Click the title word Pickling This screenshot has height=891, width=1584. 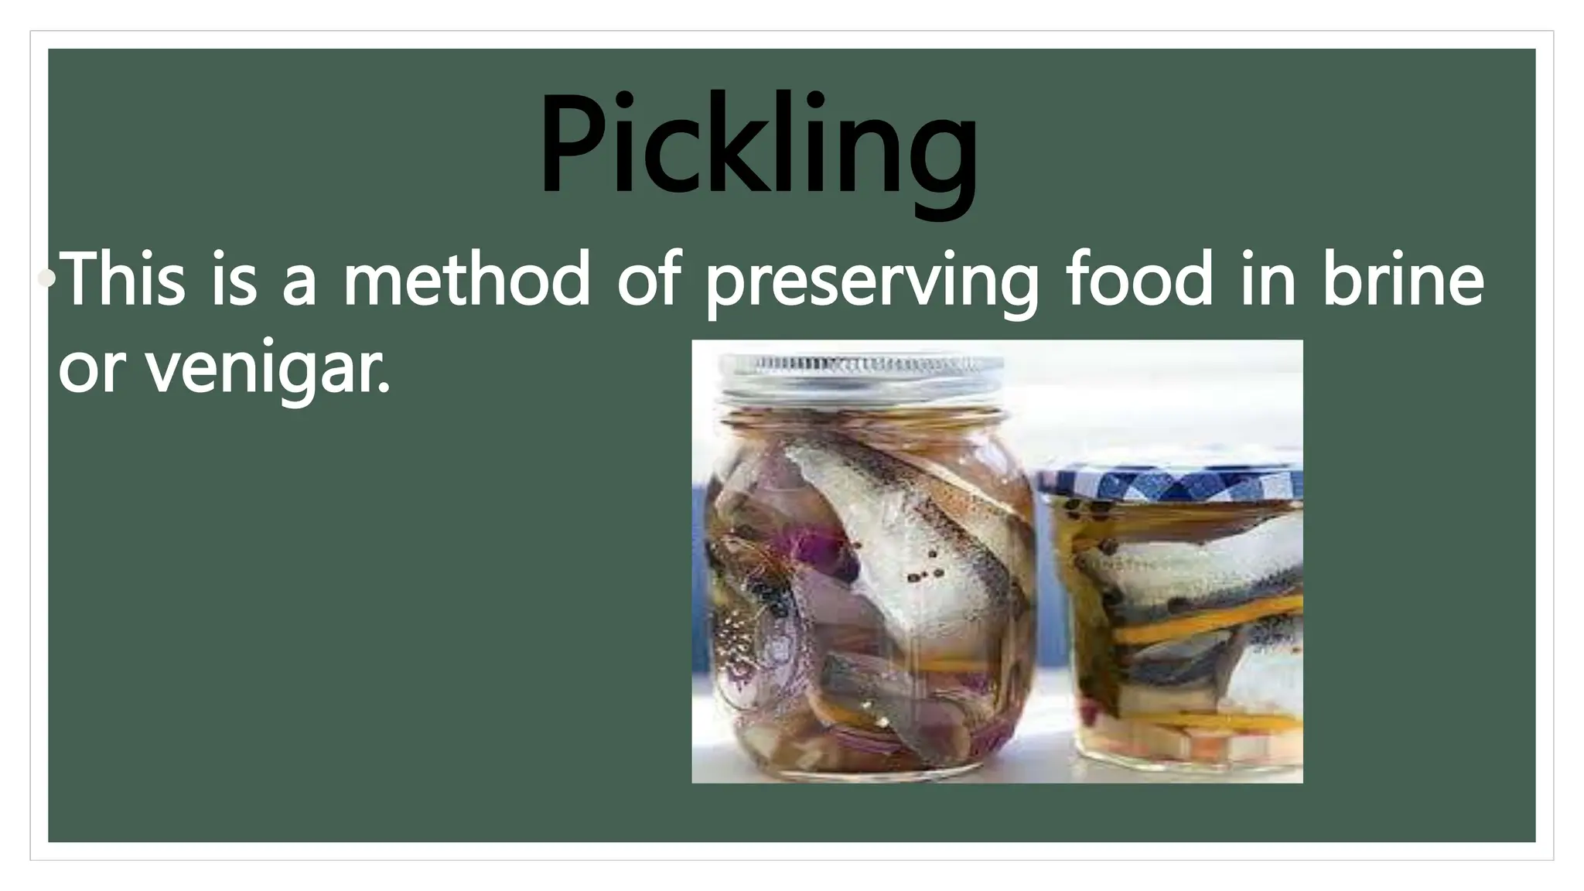pos(758,147)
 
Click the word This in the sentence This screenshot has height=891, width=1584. pos(123,278)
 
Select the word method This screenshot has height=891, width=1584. pos(467,278)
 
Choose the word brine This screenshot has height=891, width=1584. pos(1403,278)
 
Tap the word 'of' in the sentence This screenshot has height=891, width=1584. pos(648,278)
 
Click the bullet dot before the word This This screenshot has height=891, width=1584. pos(48,278)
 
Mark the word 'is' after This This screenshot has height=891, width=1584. pos(234,278)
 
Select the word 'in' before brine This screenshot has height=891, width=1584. pos(1268,278)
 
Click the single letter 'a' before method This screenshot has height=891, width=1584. pos(299,282)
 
